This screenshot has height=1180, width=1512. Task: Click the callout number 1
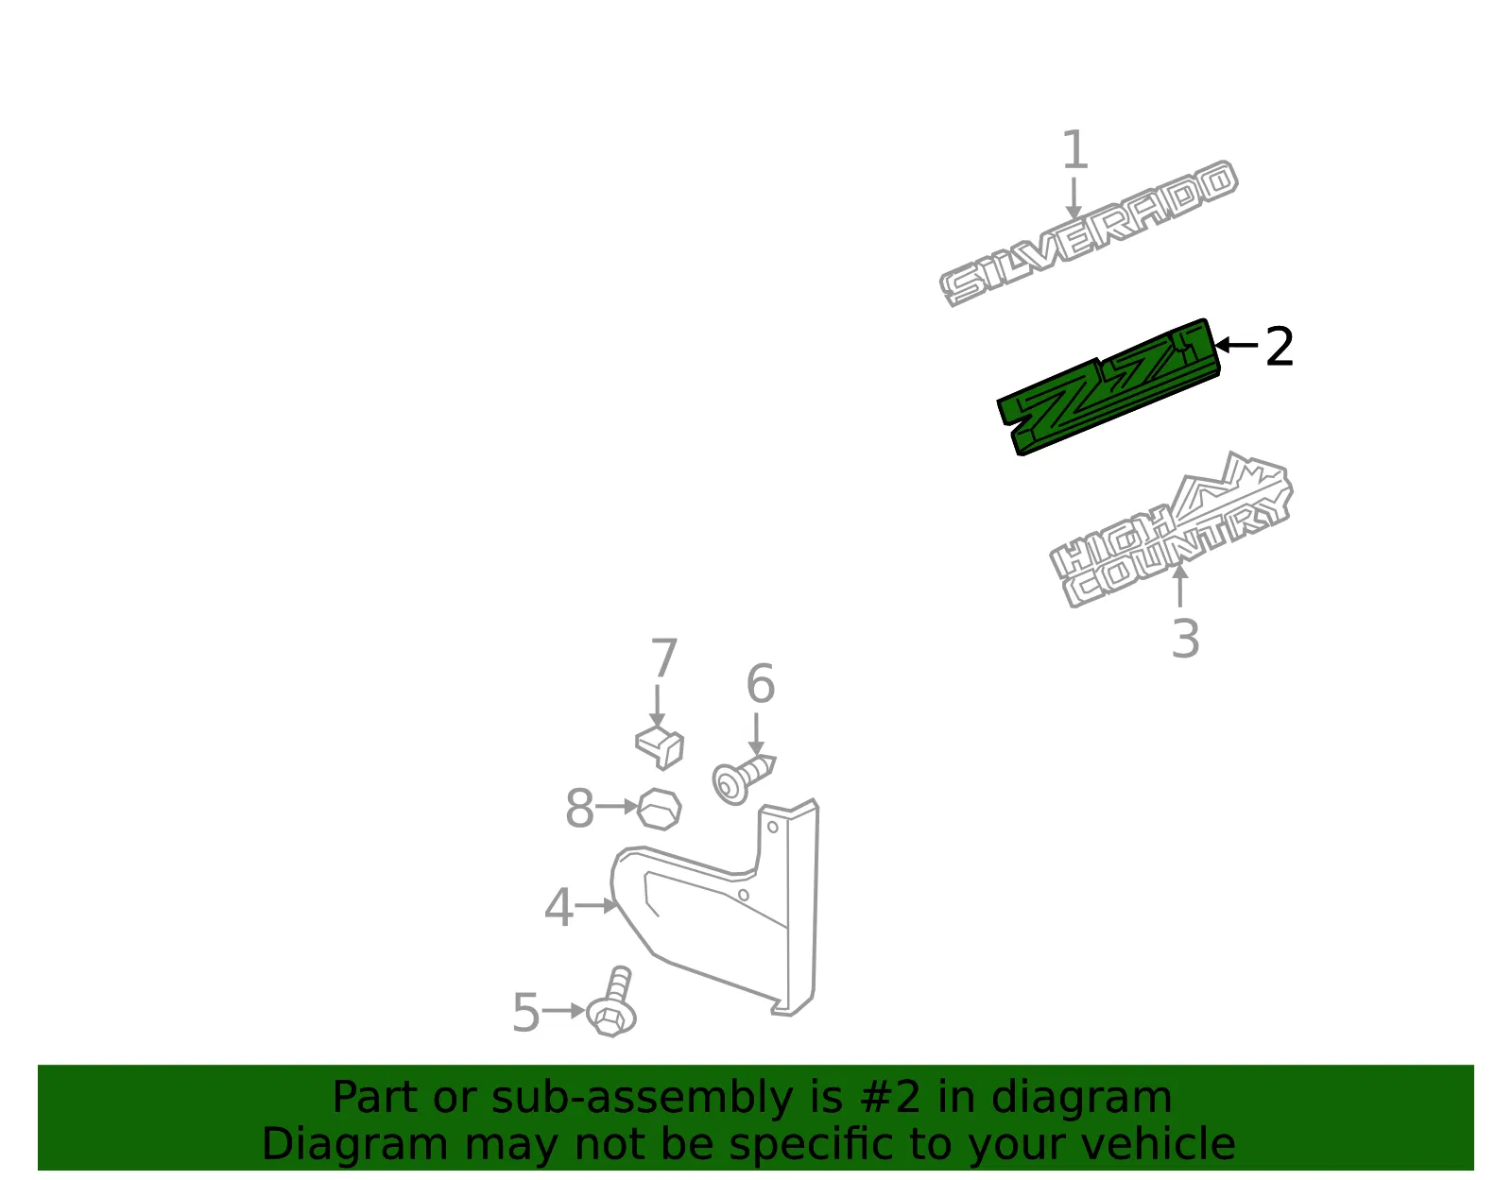pos(1075,149)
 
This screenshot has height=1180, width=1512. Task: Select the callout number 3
pos(1185,639)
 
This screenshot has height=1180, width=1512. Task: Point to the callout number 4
pos(558,907)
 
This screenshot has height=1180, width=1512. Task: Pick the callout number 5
pos(526,1012)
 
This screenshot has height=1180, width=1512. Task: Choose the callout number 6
pos(761,683)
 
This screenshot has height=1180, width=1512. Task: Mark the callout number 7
pos(663,658)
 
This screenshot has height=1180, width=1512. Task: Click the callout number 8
pos(579,808)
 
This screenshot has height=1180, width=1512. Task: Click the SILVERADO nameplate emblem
pos(1088,233)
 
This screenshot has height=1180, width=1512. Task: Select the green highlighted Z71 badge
pos(1108,387)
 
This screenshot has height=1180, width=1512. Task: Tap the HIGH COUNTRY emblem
pos(1171,530)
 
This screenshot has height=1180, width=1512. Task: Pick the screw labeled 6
pos(742,778)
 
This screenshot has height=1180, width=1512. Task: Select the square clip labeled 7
pos(659,746)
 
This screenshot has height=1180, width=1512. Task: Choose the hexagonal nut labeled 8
pos(659,808)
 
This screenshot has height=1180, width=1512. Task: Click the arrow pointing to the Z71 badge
pos(1236,345)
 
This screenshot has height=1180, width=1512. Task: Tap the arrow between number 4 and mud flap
pos(596,905)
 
